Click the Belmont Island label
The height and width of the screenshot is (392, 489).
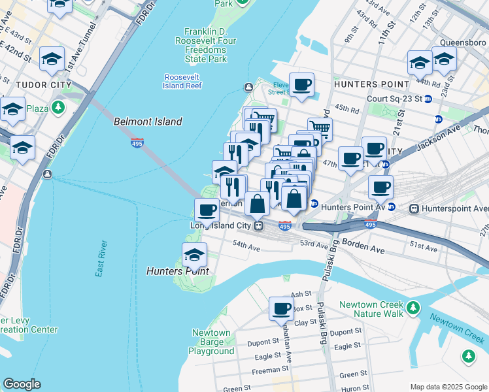(x=148, y=122)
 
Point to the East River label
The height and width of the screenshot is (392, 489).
(x=101, y=258)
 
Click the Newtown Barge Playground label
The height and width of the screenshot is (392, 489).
(x=211, y=342)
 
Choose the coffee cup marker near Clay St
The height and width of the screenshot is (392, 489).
(x=282, y=308)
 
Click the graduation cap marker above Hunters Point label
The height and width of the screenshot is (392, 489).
(x=194, y=254)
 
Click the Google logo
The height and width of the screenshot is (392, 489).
(x=22, y=384)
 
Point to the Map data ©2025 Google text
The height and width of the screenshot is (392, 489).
(x=448, y=387)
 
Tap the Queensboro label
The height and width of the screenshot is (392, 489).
(x=464, y=43)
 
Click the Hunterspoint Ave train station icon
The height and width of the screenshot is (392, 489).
(x=413, y=208)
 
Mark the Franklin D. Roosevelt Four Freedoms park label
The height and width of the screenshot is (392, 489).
(x=205, y=45)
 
